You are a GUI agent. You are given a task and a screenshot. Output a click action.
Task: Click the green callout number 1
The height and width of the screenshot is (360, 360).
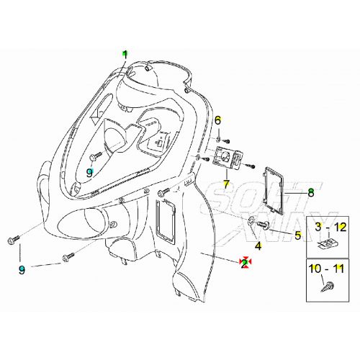coord(125,54)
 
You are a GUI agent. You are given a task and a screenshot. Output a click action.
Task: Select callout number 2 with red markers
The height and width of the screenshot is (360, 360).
coord(245,263)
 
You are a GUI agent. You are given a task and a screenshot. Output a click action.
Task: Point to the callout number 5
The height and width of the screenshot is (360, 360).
coord(297,235)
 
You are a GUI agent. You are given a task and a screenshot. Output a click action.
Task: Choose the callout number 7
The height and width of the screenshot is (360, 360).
coord(226,184)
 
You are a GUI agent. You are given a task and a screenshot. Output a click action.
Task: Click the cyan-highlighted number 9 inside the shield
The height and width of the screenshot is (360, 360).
coord(90,172)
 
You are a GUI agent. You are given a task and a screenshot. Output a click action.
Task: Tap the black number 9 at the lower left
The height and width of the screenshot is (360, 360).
coord(22,269)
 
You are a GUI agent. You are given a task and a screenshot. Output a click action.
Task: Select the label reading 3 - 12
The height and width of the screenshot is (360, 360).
coord(330,226)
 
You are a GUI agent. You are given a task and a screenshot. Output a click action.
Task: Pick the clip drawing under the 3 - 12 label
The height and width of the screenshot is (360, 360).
coord(328,243)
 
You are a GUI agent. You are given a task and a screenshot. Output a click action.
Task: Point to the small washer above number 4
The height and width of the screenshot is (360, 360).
coord(252,220)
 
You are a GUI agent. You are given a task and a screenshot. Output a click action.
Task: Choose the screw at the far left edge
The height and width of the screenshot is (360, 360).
coord(11,239)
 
